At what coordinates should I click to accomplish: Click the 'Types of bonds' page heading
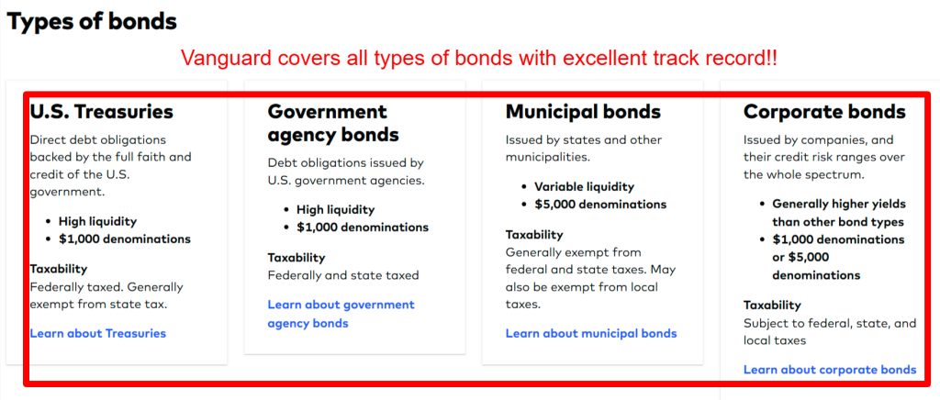pos(92,21)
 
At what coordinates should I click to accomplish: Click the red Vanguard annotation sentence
pos(479,58)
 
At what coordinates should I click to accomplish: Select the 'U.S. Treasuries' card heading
pos(101,111)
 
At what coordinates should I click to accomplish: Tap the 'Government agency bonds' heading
pos(332,123)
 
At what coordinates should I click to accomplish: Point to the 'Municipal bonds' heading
pos(583,111)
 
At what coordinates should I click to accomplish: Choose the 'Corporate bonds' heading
pos(824,111)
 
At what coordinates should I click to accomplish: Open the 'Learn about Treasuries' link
pos(97,333)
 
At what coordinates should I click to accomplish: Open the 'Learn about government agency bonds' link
pos(341,314)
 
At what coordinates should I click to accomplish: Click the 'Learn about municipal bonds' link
pos(591,333)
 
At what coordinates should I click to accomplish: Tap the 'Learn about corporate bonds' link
pos(830,369)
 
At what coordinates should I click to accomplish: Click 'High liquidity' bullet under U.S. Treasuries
pos(97,221)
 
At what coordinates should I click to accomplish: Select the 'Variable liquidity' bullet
pos(585,186)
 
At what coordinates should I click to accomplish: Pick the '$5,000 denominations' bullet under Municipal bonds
pos(600,204)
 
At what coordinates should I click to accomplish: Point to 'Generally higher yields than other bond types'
pos(839,213)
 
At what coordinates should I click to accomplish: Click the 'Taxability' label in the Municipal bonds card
pos(534,234)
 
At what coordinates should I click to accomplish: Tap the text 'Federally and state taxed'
pos(343,275)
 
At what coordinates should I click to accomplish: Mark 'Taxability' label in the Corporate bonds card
pos(772,305)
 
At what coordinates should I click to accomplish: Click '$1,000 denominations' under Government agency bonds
pos(363,227)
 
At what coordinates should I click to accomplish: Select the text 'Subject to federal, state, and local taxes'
pos(830,332)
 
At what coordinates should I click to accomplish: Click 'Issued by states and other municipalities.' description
pos(583,149)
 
